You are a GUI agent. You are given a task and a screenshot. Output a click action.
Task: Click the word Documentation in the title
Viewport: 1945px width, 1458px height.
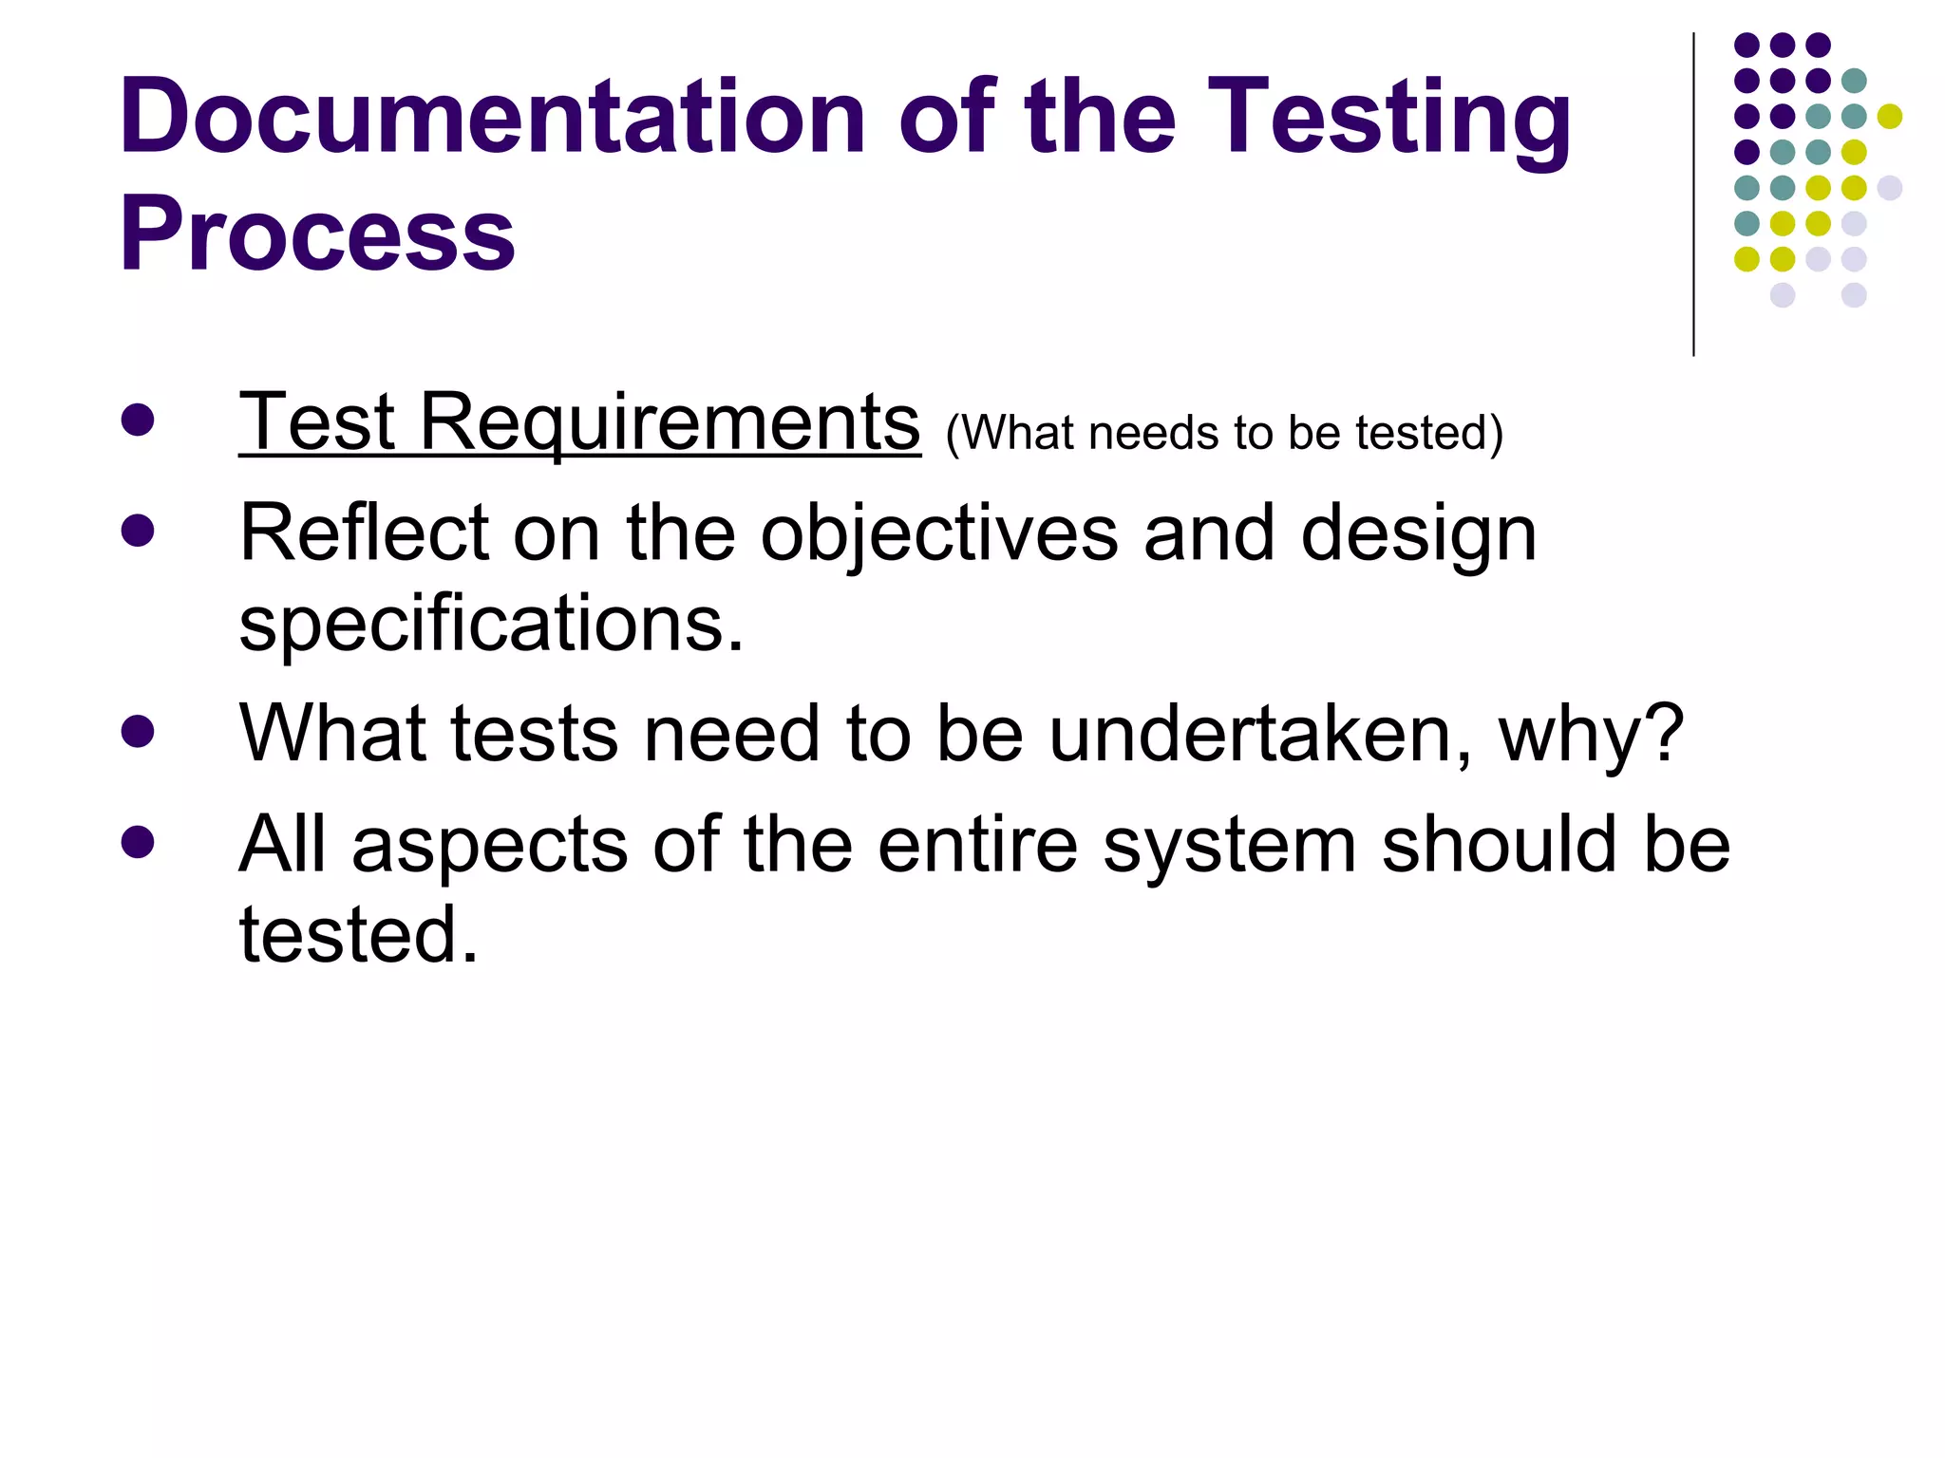point(492,117)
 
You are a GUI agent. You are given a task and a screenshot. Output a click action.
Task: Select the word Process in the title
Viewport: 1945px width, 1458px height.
point(317,234)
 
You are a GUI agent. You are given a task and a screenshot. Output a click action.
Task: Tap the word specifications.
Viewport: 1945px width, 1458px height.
point(491,624)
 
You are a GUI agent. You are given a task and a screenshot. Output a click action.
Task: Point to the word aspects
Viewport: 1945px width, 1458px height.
point(489,845)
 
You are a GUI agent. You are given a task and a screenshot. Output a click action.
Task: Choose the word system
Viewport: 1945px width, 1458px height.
point(1229,845)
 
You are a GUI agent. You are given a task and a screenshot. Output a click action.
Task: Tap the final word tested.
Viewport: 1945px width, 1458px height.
point(358,934)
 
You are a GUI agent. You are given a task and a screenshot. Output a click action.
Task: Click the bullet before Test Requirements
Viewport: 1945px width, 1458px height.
point(138,421)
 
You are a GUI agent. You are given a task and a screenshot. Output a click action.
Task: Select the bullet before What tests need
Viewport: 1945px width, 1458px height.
point(138,731)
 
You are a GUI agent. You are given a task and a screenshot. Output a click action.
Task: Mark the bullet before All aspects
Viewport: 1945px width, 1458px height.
point(138,842)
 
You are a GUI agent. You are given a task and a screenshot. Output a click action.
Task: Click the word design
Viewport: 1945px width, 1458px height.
point(1418,534)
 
